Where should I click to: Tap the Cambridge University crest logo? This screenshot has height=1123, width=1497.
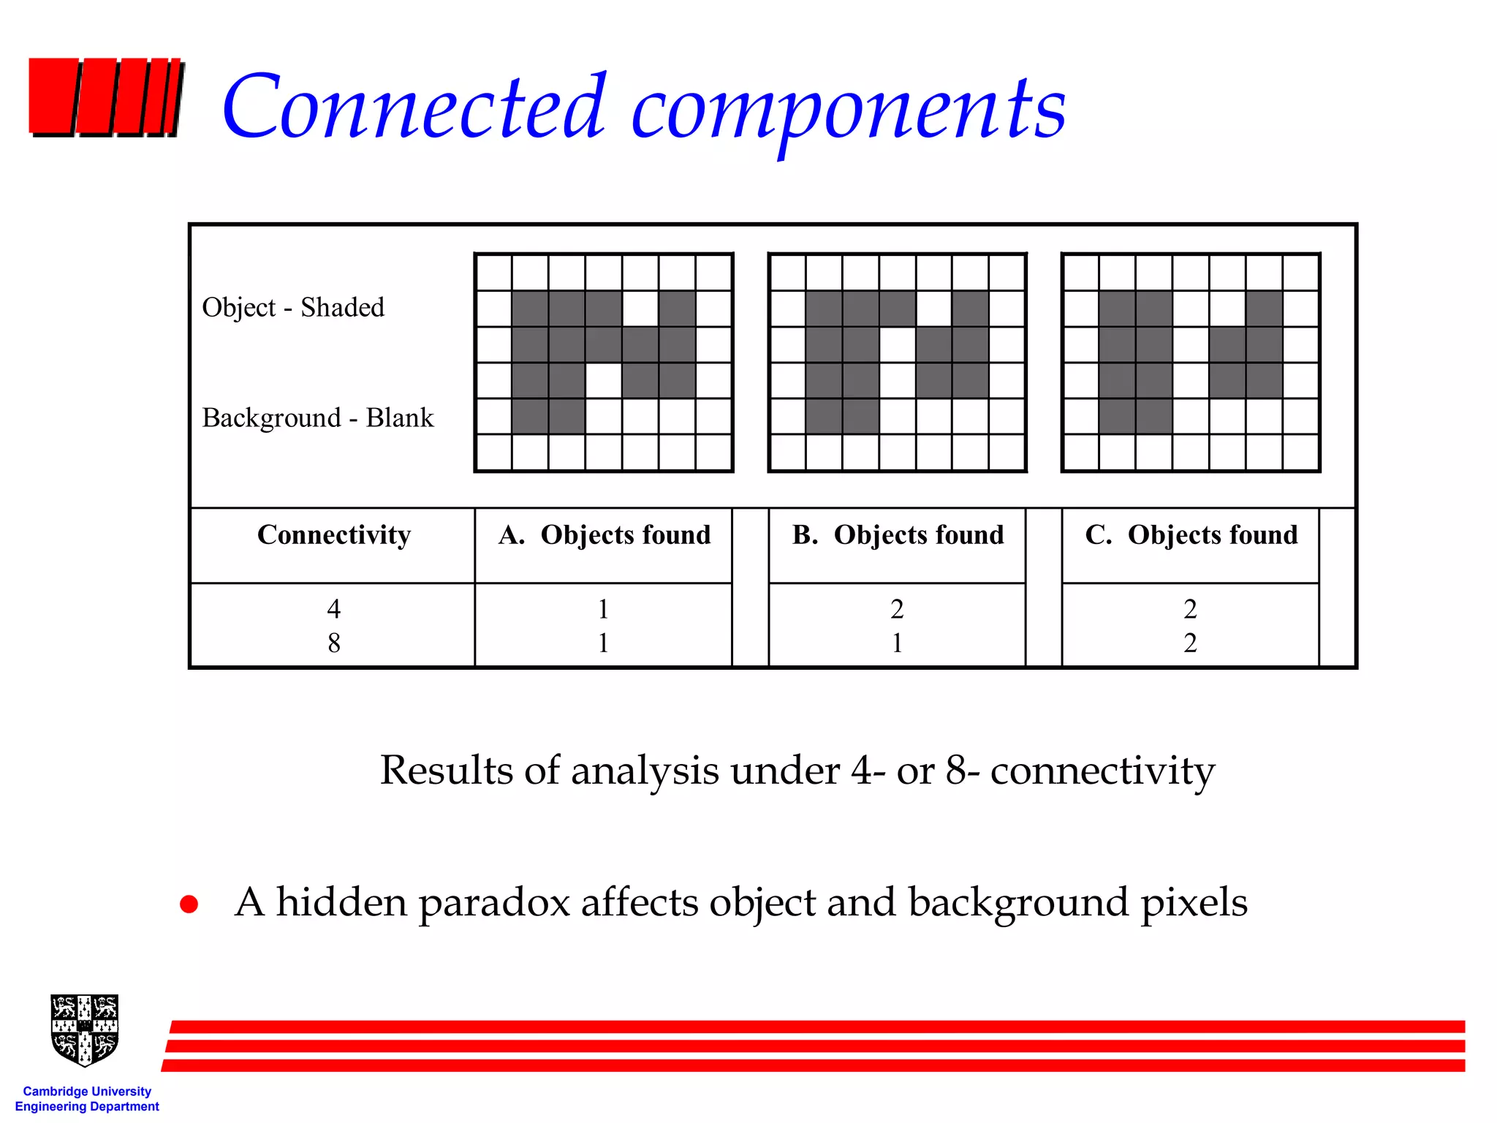coord(85,1030)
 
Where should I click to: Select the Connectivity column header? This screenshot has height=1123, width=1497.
coord(334,534)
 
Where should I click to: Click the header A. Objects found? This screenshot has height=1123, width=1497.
coord(604,534)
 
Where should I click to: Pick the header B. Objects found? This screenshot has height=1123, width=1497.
coord(898,534)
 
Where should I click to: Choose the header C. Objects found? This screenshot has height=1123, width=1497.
coord(1191,534)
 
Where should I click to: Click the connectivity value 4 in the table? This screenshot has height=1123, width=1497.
coord(334,608)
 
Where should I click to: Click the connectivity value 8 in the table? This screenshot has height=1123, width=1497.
coord(334,643)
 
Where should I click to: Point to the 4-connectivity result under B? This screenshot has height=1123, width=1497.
coord(897,608)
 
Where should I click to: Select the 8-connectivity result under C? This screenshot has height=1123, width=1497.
coord(1190,643)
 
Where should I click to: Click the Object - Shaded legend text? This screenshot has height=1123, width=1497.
coord(293,307)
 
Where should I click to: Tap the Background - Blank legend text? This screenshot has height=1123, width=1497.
coord(317,417)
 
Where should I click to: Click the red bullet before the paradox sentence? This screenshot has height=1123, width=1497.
coord(189,904)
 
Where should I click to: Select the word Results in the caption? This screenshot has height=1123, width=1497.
coord(446,770)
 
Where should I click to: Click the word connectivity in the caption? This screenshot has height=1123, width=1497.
coord(1102,770)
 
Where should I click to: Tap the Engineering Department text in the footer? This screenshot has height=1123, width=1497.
coord(87,1106)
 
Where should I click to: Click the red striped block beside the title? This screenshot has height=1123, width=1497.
coord(105,97)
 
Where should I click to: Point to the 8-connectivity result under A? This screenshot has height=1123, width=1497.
coord(603,643)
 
